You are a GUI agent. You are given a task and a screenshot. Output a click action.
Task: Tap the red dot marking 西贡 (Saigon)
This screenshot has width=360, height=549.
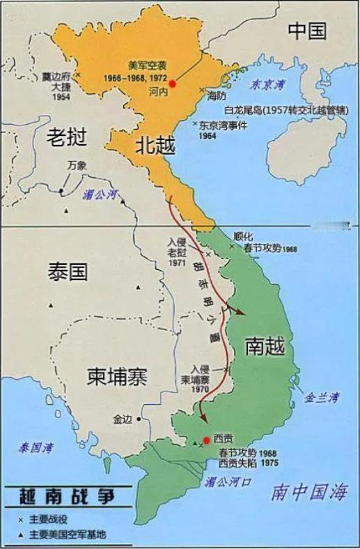[207, 440]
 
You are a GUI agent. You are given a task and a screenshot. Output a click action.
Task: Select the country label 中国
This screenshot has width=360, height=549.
[307, 30]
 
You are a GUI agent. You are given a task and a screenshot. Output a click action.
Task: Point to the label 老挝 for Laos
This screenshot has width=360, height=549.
[68, 137]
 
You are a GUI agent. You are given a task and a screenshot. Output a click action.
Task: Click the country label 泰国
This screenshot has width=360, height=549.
[68, 271]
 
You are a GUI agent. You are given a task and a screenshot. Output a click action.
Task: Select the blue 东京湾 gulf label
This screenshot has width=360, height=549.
[268, 84]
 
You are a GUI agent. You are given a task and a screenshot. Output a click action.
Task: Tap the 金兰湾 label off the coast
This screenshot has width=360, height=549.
[322, 397]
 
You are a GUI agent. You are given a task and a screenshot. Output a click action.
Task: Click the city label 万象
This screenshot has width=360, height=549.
[77, 166]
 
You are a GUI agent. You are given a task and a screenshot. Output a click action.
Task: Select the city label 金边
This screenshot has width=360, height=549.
[122, 419]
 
